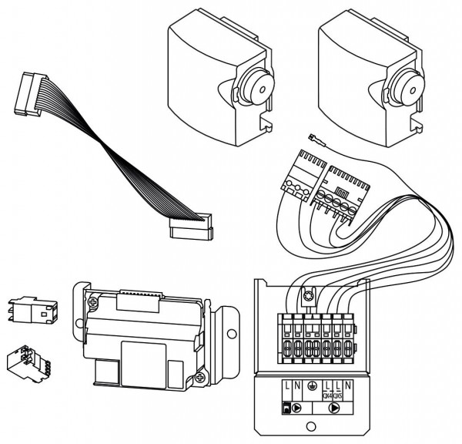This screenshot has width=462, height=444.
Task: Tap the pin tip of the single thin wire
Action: point(310,140)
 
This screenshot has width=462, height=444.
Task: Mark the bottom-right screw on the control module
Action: point(201,377)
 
